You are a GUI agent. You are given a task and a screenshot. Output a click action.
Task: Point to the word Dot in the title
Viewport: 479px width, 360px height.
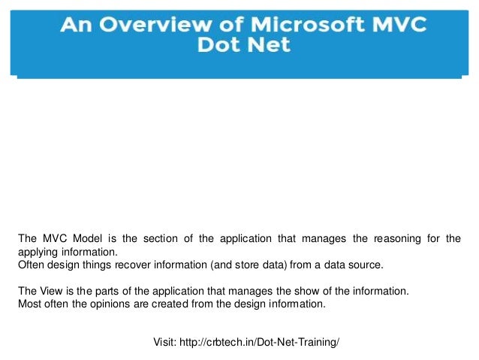218,44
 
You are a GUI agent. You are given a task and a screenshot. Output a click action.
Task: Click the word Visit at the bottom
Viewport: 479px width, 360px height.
164,342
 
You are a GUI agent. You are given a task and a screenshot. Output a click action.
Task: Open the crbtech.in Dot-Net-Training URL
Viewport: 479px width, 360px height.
259,342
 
